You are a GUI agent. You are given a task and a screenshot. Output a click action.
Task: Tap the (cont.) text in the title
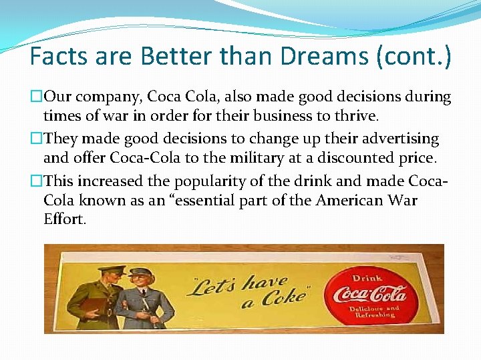pyautogui.click(x=414, y=56)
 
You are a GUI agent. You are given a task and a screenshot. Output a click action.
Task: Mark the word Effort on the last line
pyautogui.click(x=64, y=219)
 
